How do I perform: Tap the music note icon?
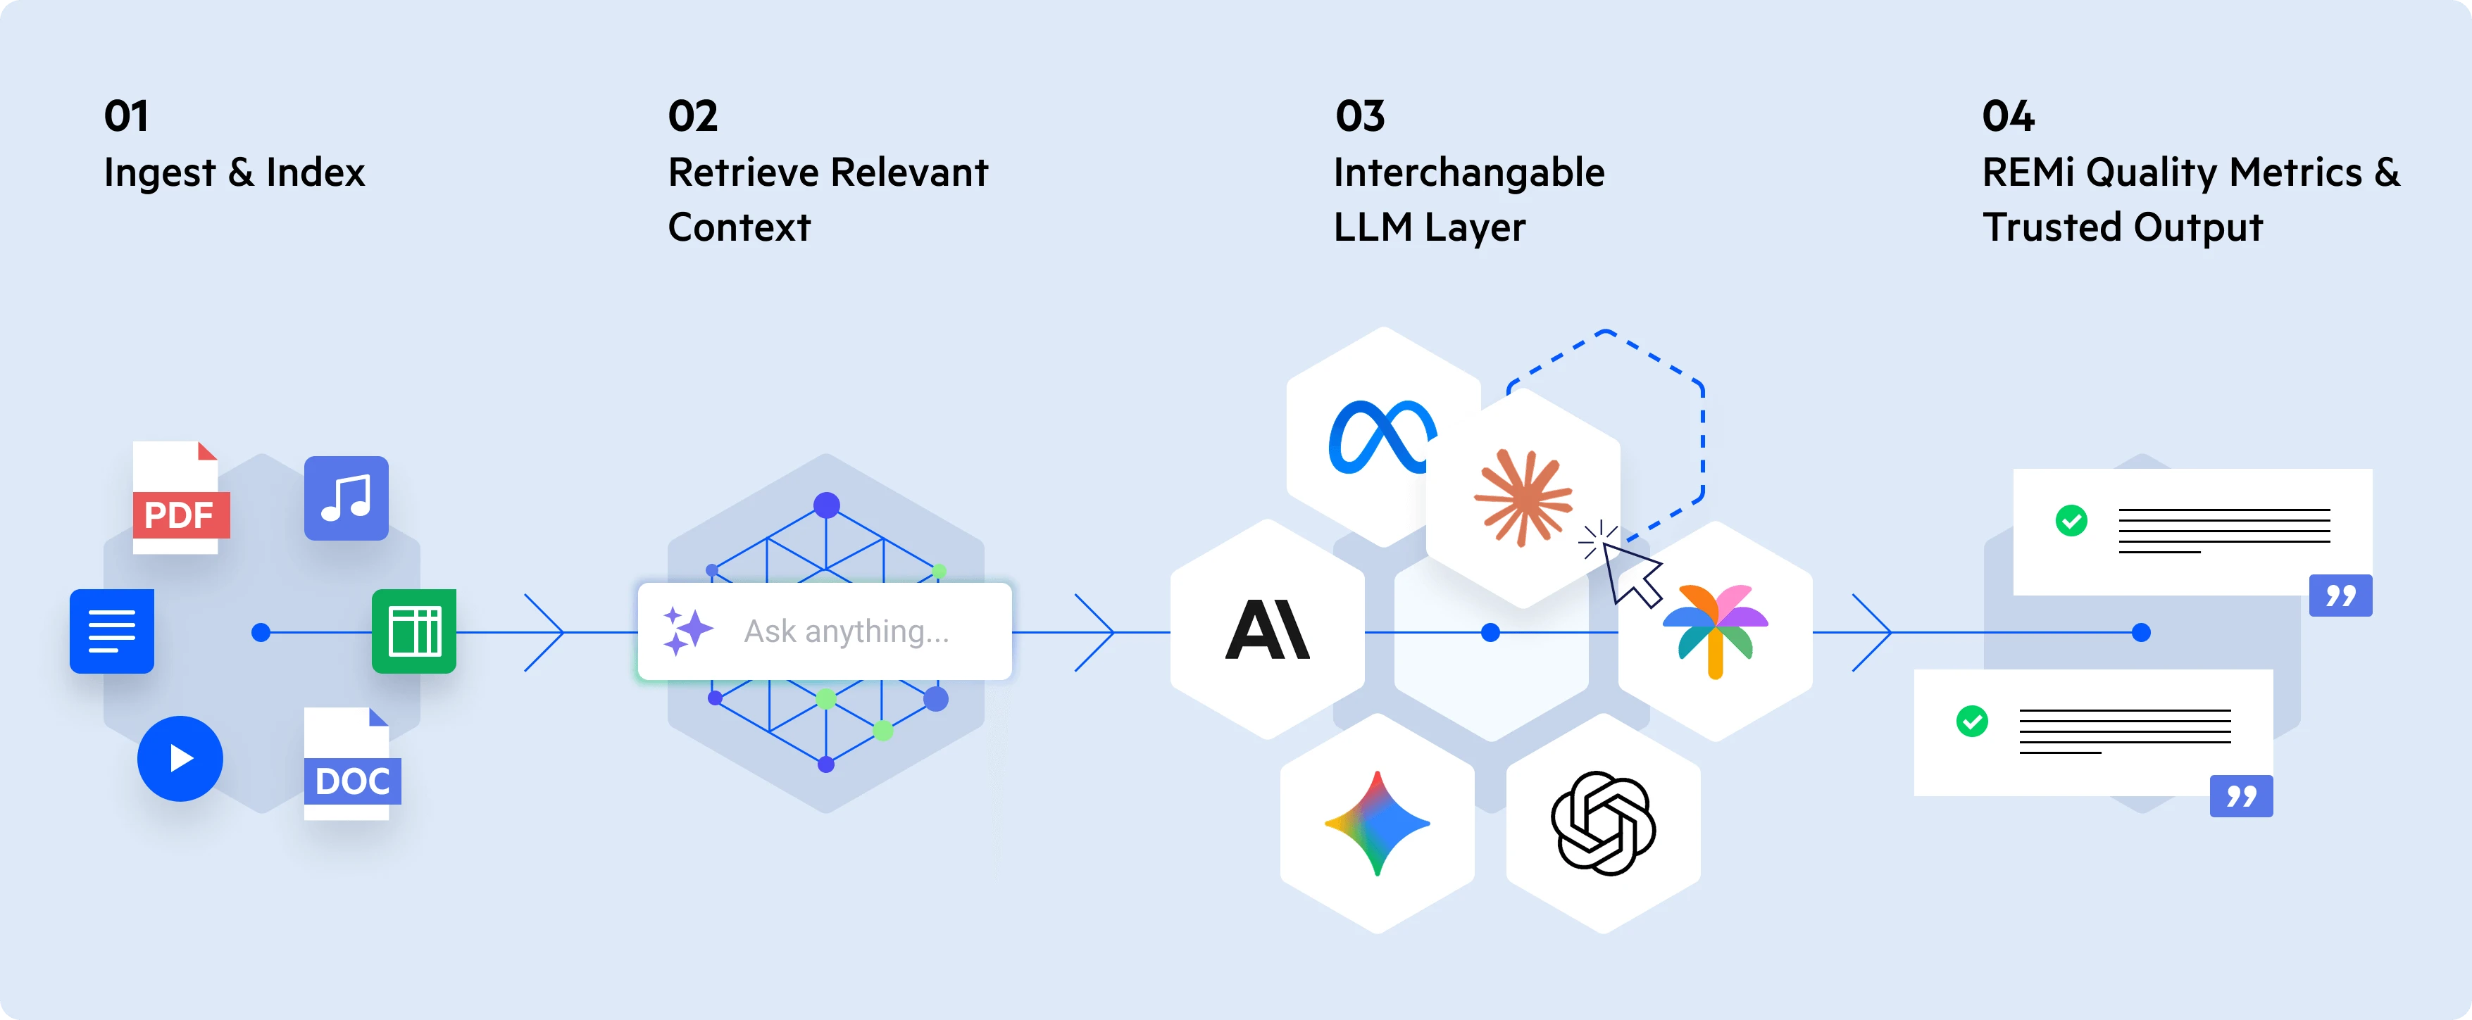tap(347, 498)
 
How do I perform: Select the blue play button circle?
tap(180, 758)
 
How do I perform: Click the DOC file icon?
tap(350, 764)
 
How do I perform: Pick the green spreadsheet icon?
tap(413, 631)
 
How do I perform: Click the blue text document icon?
tap(111, 631)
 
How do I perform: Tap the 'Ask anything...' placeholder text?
tap(847, 631)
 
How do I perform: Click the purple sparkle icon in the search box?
tap(687, 631)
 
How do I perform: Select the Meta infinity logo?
tap(1381, 438)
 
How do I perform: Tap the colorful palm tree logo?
tap(1715, 631)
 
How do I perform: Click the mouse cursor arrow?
tap(1631, 574)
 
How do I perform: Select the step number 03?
tap(1360, 116)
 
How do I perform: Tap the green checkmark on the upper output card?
tap(2071, 521)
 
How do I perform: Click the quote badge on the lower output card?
tap(2241, 795)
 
